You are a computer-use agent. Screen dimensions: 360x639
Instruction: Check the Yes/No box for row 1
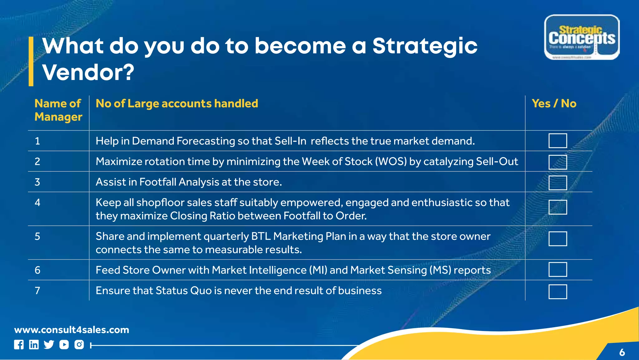click(558, 141)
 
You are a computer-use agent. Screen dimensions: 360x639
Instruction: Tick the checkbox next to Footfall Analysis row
click(558, 183)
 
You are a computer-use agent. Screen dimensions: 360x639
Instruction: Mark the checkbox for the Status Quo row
click(558, 292)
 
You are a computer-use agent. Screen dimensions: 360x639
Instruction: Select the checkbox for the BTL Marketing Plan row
click(558, 239)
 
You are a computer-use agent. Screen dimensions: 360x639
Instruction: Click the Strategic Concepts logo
click(582, 37)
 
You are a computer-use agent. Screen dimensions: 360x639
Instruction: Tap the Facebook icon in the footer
click(19, 345)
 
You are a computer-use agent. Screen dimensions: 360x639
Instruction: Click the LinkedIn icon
click(34, 345)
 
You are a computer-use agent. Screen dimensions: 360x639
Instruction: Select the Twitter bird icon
click(49, 345)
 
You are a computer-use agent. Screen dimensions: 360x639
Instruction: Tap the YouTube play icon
click(64, 345)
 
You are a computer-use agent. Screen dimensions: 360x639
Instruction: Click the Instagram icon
click(79, 345)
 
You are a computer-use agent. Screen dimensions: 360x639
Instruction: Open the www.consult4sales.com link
click(71, 330)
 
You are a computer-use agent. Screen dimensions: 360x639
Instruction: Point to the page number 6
click(622, 353)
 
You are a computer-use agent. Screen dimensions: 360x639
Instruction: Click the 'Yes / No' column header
click(554, 104)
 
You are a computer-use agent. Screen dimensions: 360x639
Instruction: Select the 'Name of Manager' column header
click(58, 110)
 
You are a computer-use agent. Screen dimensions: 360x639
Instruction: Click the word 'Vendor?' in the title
click(88, 72)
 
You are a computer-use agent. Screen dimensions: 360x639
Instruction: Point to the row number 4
click(37, 203)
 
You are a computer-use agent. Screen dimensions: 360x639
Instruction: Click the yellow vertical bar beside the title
click(31, 62)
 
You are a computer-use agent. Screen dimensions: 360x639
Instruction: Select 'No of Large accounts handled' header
click(177, 104)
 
